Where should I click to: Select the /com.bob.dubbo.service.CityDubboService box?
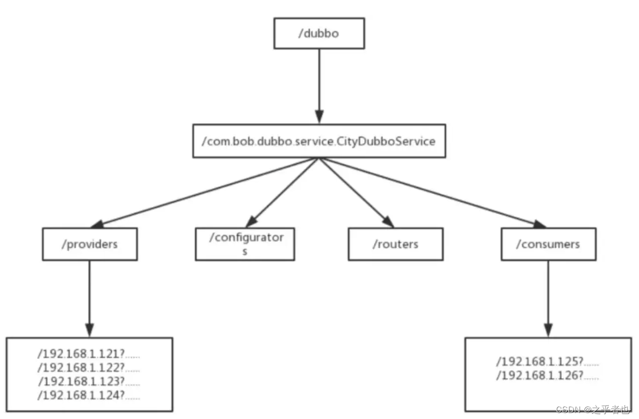point(318,141)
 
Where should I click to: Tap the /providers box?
point(89,244)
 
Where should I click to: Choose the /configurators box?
point(244,243)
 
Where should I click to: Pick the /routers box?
point(395,244)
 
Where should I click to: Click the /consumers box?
point(548,244)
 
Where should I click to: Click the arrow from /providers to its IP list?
point(89,297)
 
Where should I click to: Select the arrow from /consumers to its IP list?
point(548,297)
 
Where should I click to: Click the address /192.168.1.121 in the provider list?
point(88,354)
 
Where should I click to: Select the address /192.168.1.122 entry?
point(88,368)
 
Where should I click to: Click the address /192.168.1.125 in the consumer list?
point(547,362)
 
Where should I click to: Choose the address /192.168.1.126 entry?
point(547,376)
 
